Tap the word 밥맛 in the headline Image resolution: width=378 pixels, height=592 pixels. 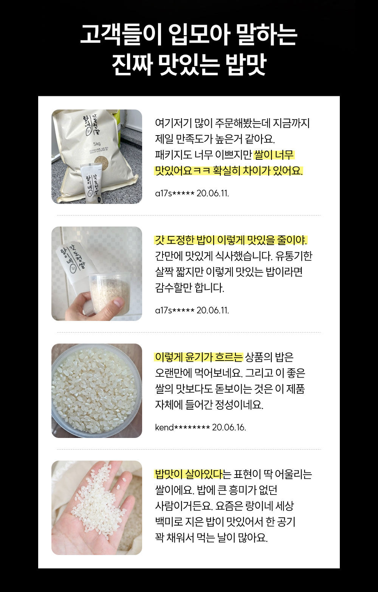click(246, 65)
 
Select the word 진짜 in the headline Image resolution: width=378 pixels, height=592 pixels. click(132, 65)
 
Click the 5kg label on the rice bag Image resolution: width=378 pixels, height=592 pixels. click(97, 144)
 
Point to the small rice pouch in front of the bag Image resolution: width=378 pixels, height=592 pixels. click(91, 183)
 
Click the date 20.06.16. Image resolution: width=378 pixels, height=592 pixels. click(229, 427)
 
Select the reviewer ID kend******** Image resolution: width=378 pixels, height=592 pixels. click(183, 427)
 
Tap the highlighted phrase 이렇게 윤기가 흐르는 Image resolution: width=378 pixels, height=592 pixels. click(199, 357)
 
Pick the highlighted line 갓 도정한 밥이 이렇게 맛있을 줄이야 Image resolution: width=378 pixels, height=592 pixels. click(231, 240)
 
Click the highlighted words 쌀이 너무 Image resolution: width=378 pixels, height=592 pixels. click(274, 155)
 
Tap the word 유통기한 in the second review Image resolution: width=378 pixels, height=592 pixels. click(294, 256)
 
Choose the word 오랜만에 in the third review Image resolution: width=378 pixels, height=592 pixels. click(173, 373)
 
